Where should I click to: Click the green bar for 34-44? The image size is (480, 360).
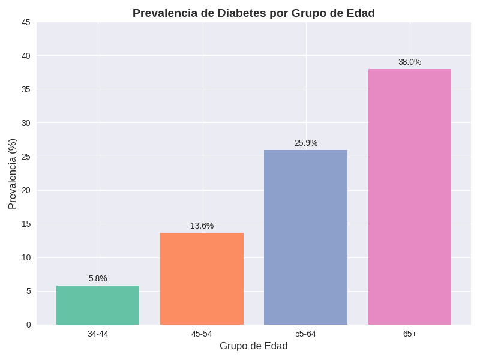tap(98, 305)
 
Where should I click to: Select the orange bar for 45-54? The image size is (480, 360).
tap(202, 278)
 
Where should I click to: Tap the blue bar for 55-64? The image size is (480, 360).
tap(305, 237)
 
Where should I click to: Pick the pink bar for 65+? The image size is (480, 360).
tap(410, 197)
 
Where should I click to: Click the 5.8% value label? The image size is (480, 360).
tap(98, 278)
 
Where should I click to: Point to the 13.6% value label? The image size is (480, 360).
tap(202, 226)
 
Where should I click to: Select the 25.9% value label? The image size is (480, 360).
tap(305, 143)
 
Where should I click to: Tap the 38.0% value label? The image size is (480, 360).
tap(410, 62)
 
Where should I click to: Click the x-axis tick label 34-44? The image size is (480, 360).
tap(98, 334)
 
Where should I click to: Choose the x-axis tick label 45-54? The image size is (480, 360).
tap(202, 334)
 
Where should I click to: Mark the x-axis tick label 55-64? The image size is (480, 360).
tap(305, 334)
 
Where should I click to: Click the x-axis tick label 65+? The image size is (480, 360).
tap(410, 334)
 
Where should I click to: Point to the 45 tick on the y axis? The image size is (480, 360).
tap(26, 22)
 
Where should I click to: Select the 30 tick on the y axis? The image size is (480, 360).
tap(26, 123)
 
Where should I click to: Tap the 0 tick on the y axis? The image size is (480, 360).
tap(28, 325)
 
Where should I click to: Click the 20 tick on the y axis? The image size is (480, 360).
tap(26, 190)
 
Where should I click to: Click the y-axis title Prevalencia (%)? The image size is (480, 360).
tap(13, 173)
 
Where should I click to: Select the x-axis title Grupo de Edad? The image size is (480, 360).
tap(253, 346)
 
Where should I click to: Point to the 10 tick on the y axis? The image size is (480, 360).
tap(26, 257)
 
